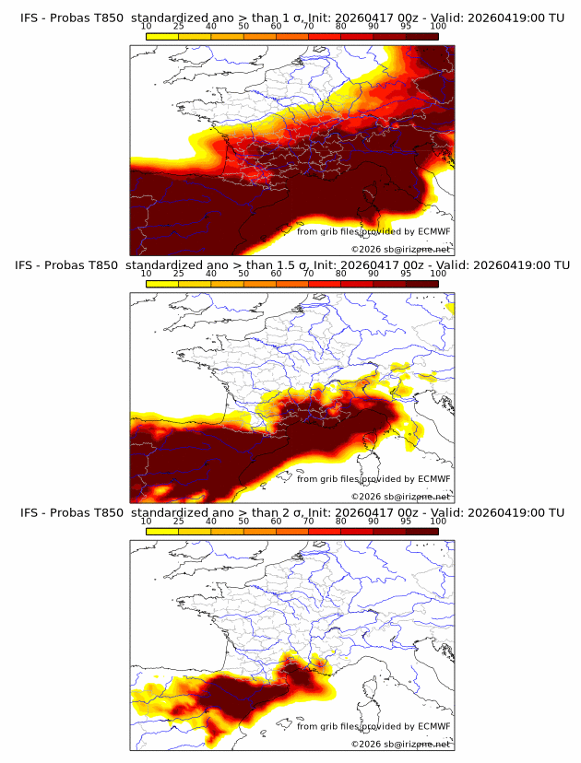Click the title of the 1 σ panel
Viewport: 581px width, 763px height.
(291, 18)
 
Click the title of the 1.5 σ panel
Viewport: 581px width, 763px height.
(291, 264)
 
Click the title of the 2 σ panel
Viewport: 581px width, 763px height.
(291, 511)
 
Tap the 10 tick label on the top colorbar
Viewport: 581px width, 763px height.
(147, 27)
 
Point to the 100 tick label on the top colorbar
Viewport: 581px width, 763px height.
(438, 27)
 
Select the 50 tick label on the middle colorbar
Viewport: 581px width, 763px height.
(243, 274)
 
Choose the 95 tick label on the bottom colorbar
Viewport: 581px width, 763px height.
(406, 521)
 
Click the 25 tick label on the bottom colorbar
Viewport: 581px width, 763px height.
(179, 521)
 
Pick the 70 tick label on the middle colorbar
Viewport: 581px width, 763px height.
(308, 274)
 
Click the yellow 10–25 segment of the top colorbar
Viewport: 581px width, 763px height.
(162, 36)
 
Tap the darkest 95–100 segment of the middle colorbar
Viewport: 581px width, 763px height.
(421, 283)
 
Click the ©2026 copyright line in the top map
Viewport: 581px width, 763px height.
(400, 249)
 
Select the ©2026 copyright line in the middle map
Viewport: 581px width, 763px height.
(400, 496)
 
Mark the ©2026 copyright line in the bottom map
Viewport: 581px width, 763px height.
(400, 743)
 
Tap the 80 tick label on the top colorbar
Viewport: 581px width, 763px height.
(341, 27)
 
